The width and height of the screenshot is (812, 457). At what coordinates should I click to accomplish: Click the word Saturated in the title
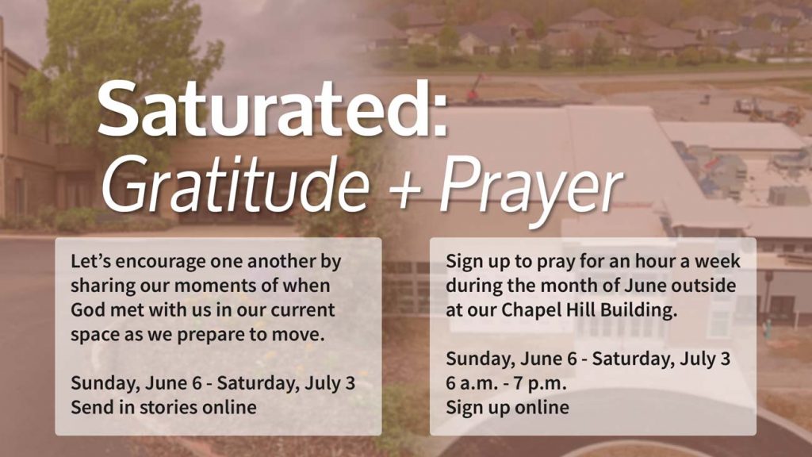(265, 109)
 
